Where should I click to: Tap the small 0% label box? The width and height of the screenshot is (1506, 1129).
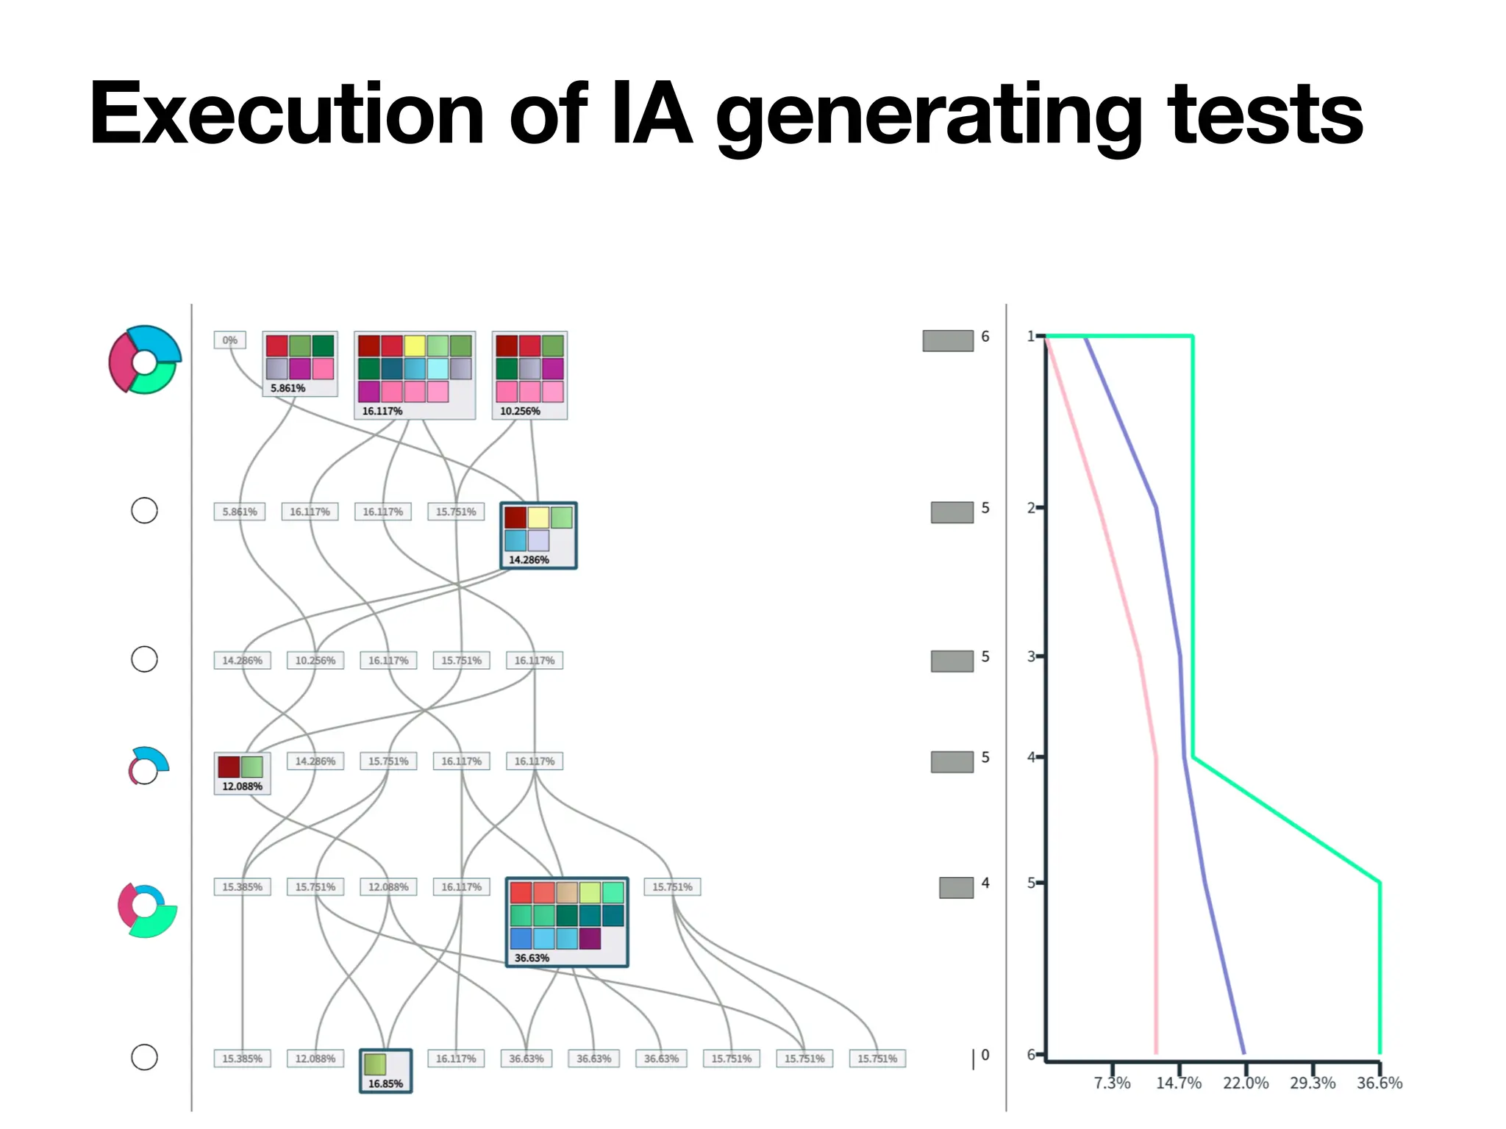pos(229,340)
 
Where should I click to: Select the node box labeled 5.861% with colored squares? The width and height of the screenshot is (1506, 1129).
pos(300,364)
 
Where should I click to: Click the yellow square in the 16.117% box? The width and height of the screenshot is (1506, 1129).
pos(415,345)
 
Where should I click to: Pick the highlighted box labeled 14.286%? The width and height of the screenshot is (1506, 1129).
pos(538,535)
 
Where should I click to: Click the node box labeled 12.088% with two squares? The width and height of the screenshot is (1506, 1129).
pos(242,773)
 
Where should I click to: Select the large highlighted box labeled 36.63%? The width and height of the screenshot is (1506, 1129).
pos(567,922)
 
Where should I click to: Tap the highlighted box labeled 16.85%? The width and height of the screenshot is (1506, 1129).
pos(385,1071)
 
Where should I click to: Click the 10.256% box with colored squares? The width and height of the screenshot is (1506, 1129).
pos(529,375)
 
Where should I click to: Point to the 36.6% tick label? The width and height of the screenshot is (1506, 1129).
pos(1380,1083)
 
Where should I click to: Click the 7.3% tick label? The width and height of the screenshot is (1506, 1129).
pos(1112,1083)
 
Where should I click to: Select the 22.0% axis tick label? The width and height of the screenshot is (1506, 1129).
pos(1246,1083)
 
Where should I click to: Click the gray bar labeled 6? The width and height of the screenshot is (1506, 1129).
pos(948,340)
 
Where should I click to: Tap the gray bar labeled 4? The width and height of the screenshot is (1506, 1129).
pos(956,887)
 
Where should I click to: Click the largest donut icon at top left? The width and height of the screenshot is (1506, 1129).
pos(145,359)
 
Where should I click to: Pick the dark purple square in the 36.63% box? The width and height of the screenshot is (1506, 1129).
pos(590,939)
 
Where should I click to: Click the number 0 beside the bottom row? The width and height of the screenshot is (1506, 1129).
pos(985,1055)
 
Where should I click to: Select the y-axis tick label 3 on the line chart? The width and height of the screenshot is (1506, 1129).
pos(1031,656)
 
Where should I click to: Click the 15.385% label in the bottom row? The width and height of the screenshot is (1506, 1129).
pos(242,1058)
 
